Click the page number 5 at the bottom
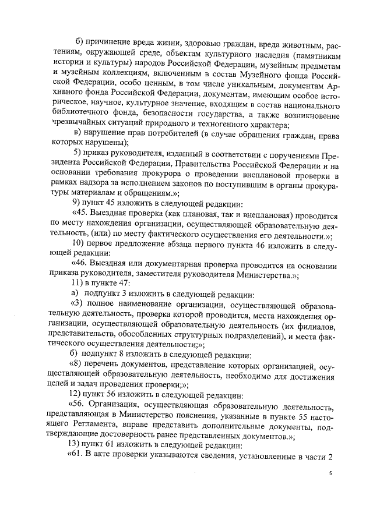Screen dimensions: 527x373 (330, 473)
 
